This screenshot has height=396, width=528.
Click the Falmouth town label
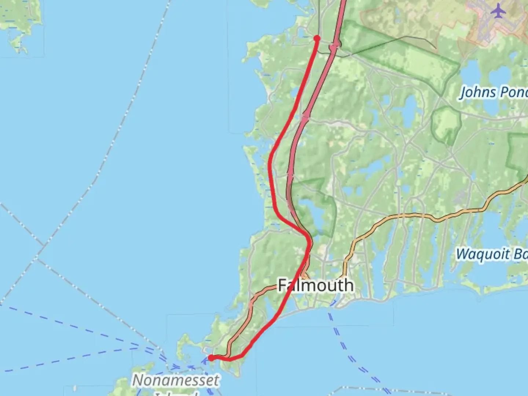(316, 285)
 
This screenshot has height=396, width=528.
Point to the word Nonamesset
(176, 380)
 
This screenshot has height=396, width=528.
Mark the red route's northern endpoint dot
(317, 38)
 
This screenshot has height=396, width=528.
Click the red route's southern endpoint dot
(211, 358)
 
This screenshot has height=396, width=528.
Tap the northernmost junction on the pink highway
(334, 46)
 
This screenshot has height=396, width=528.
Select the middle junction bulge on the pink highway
(305, 118)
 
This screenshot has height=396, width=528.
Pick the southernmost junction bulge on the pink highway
(290, 172)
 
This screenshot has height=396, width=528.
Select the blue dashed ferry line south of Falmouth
(341, 341)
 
